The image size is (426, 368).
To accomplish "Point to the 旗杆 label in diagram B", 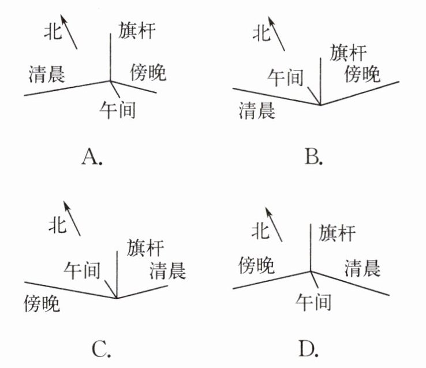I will pyautogui.click(x=349, y=53).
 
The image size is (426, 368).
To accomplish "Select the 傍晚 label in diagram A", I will pyautogui.click(x=148, y=72).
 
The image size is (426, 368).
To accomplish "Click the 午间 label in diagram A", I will pyautogui.click(x=117, y=109).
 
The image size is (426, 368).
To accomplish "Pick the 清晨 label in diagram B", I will pyautogui.click(x=257, y=110).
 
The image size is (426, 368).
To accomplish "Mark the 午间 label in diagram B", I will pyautogui.click(x=285, y=77).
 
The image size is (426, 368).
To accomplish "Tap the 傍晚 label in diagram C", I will pyautogui.click(x=42, y=303).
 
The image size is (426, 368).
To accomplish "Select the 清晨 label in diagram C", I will pyautogui.click(x=166, y=269).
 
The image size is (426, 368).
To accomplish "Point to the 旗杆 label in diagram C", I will pyautogui.click(x=146, y=247).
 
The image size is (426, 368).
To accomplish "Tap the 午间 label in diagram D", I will pyautogui.click(x=313, y=301).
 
